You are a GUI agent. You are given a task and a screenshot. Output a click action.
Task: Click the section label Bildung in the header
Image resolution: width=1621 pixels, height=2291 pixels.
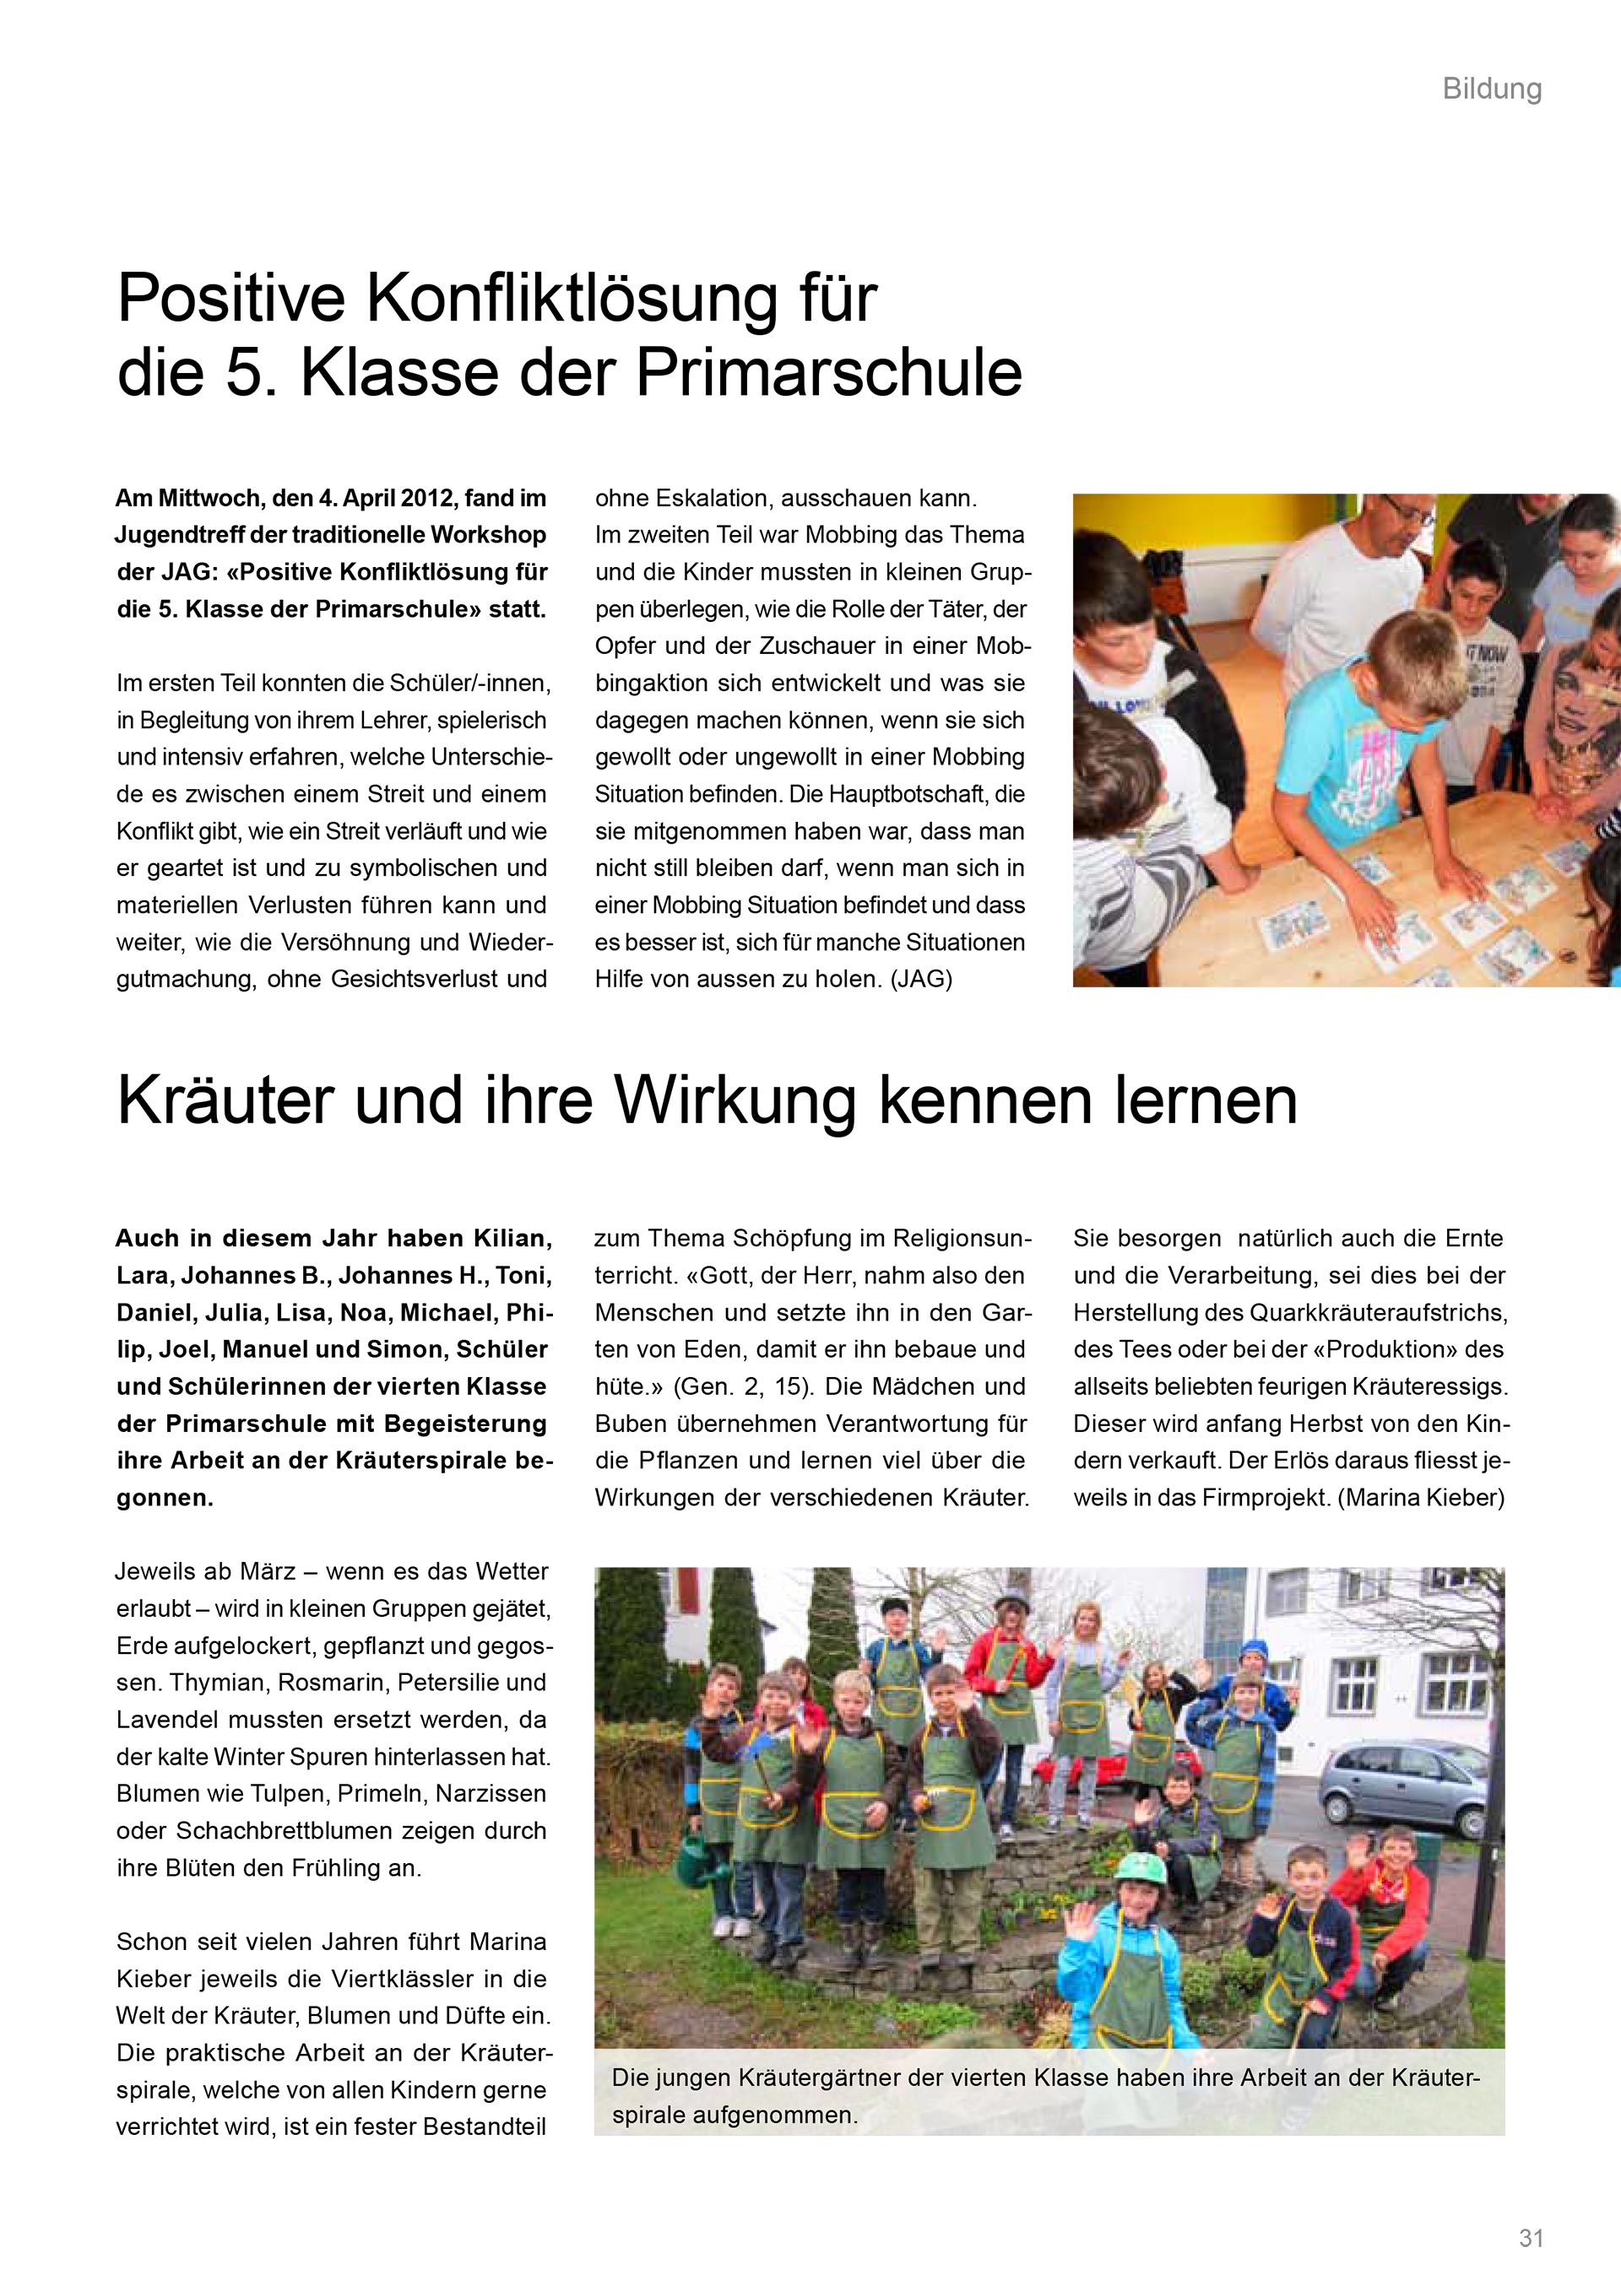coord(1491,89)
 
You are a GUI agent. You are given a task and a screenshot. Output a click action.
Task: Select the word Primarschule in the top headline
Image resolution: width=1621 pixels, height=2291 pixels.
coord(828,373)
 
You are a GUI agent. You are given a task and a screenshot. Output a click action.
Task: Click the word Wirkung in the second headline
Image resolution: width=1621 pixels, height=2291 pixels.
coord(735,1101)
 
